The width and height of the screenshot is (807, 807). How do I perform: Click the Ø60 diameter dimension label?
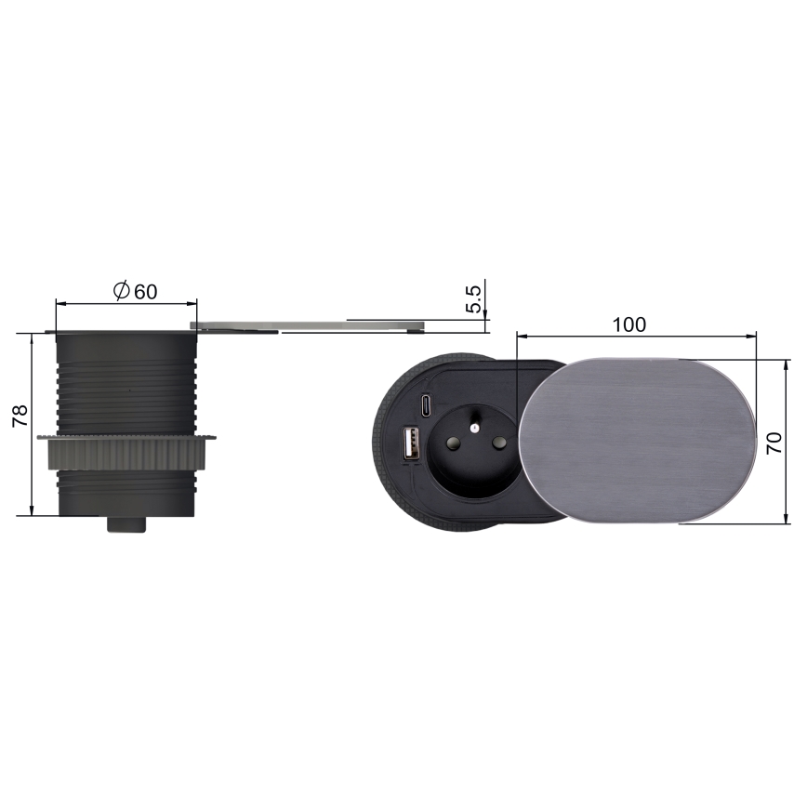pyautogui.click(x=135, y=291)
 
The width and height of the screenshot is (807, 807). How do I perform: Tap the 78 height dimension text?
pyautogui.click(x=20, y=416)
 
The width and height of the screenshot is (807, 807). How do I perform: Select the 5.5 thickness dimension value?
pyautogui.click(x=473, y=299)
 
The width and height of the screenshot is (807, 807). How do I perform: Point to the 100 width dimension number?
pyautogui.click(x=628, y=324)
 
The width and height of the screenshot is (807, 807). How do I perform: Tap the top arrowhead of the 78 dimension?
pyautogui.click(x=32, y=337)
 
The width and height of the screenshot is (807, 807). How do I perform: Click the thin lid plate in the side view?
pyautogui.click(x=307, y=325)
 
